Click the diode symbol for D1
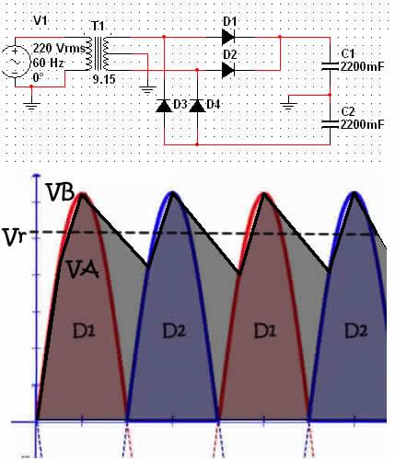pos(228,38)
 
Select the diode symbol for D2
pos(228,70)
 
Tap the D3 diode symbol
pos(164,106)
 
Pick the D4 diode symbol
pos(197,106)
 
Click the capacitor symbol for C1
pos(330,66)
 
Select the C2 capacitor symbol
pos(330,124)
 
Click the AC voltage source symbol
pos(15,62)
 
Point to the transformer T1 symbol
pos(98,54)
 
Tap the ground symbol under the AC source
pos(31,106)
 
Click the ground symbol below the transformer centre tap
pos(147,89)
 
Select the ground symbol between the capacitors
pos(289,106)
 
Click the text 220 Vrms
pos(59,48)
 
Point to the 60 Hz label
pos(48,63)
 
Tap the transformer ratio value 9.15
pos(104,80)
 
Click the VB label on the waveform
pos(60,192)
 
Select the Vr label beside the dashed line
pos(15,237)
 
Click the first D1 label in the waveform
pos(84,331)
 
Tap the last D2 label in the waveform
pos(356,331)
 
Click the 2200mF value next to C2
pos(362,125)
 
